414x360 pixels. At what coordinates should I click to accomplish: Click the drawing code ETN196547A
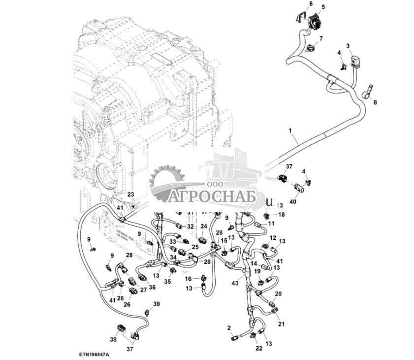93,354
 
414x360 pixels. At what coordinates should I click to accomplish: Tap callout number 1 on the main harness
290,131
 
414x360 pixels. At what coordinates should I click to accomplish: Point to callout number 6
311,4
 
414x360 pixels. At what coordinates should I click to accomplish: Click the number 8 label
375,102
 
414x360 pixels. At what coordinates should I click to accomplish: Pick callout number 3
348,46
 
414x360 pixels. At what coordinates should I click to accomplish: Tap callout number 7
321,38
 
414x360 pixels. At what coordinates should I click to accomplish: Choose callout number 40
293,201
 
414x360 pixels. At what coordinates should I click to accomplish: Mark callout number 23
130,194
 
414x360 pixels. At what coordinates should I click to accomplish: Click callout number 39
156,304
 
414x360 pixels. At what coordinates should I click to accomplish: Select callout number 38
113,339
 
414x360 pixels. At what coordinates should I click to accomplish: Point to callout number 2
229,327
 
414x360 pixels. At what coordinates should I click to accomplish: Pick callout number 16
188,279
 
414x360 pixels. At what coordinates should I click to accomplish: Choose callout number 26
127,304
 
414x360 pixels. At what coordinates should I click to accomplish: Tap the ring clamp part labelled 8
367,92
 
